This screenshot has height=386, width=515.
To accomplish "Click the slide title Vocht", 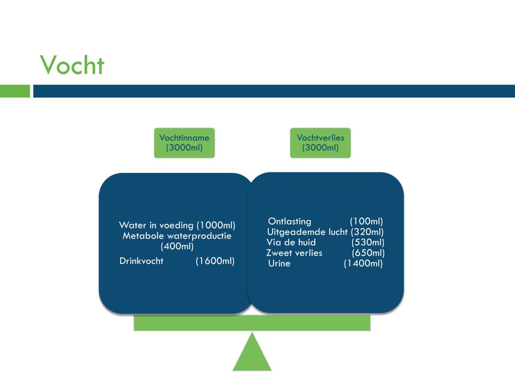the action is (x=72, y=65).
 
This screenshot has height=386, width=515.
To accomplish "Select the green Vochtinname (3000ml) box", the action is (x=184, y=143).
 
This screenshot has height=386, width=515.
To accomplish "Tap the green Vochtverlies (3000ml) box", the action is (x=320, y=143).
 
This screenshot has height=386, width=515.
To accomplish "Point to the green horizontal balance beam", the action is (x=252, y=323).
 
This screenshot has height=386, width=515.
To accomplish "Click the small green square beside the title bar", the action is (x=15, y=91).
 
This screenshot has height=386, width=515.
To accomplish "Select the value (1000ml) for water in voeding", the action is (x=216, y=225).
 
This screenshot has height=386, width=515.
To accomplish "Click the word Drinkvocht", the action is (x=141, y=261).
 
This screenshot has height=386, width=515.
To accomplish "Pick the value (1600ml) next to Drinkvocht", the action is (x=215, y=261).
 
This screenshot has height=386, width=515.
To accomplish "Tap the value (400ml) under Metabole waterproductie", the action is (x=177, y=246).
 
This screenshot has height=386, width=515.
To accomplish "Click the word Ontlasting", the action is (x=290, y=222).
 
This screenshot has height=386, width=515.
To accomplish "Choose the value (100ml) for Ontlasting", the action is (x=366, y=222).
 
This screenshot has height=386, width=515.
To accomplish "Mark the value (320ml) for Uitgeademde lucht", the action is (x=367, y=232).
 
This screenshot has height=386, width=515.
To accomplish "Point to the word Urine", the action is (x=279, y=264).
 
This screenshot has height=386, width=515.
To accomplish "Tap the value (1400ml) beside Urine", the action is (x=363, y=264).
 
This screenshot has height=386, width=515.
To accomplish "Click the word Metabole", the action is (x=143, y=236).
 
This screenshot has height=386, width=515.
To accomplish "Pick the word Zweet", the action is (x=278, y=253).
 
